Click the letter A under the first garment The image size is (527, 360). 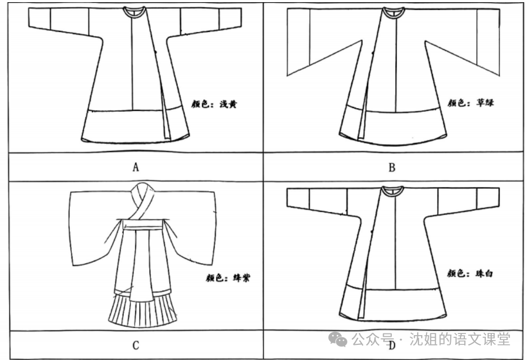tap(136, 167)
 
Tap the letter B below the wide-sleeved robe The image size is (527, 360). tap(392, 167)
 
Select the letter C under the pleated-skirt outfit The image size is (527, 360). tap(136, 345)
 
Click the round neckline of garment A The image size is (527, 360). tap(134, 11)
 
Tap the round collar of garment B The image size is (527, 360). tap(392, 11)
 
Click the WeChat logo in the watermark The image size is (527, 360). tap(339, 339)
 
